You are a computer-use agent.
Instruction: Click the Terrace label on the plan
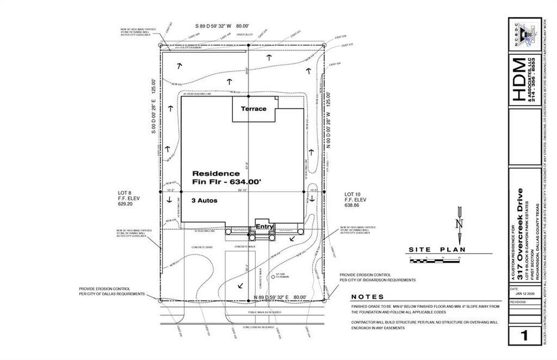coord(253,110)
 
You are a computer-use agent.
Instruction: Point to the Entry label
coord(265,227)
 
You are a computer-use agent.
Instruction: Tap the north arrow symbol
coord(460,218)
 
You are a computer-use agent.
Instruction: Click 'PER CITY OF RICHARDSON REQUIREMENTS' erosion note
coord(378,280)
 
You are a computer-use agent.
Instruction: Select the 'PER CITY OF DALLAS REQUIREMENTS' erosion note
coord(112,294)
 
